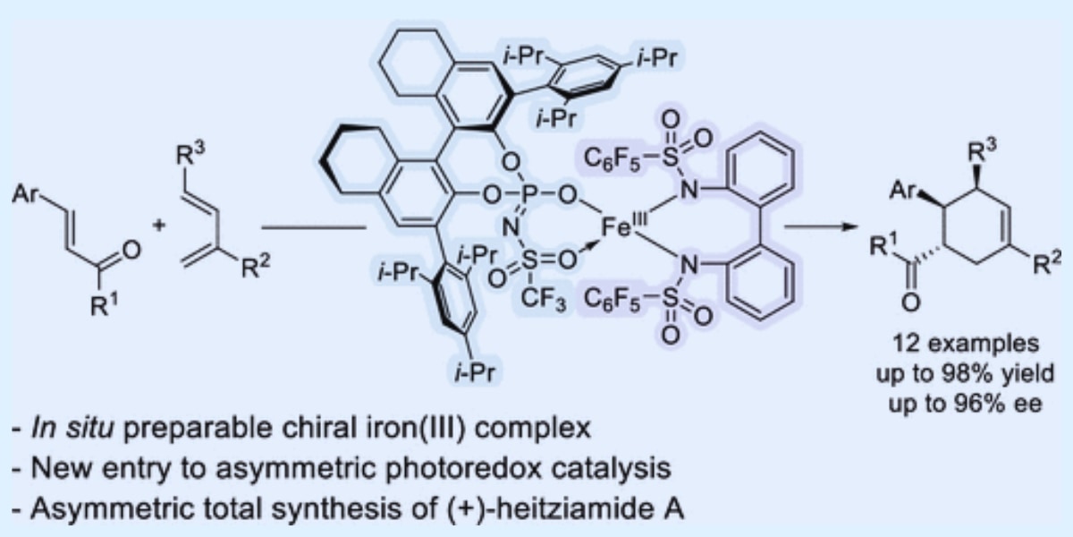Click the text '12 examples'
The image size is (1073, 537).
pyautogui.click(x=959, y=345)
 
